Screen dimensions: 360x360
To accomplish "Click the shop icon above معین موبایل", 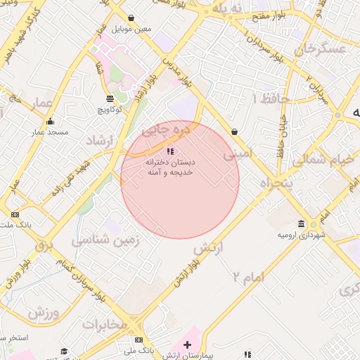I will pos(131,18).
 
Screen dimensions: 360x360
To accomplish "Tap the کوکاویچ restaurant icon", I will pos(109,98).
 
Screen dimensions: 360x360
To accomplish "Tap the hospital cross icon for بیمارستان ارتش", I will pos(187,344).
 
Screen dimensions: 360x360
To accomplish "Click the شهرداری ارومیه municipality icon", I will pos(302,224).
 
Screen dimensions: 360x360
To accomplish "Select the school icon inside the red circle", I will pos(170,151).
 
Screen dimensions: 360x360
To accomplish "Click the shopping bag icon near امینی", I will pos(234,131).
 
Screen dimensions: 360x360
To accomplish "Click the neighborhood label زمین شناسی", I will pos(105,240).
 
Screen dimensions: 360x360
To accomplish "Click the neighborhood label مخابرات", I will pos(105,324).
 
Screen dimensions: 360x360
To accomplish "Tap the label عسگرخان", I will pos(321,49).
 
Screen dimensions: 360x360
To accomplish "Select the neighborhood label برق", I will pos(44,247).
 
